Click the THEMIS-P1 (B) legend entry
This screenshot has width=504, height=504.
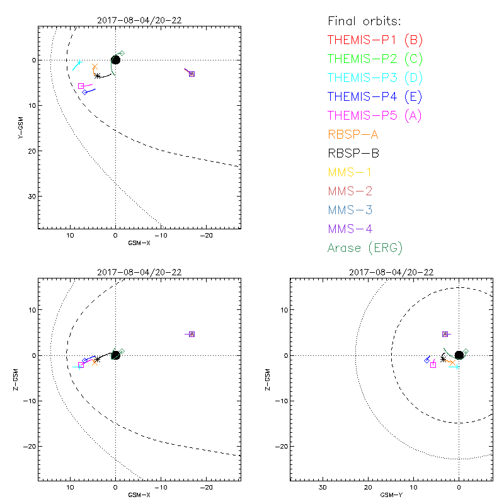(375, 40)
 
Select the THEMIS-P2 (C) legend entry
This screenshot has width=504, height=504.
(375, 59)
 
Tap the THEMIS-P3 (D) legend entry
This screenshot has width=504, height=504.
(375, 78)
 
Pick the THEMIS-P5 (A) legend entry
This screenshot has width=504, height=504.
(375, 115)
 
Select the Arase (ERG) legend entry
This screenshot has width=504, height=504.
(365, 248)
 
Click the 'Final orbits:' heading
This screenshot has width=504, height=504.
(368, 21)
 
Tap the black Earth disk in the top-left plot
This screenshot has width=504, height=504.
(115, 60)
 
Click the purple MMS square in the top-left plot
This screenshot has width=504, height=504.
(192, 74)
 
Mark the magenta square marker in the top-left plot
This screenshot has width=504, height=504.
(81, 86)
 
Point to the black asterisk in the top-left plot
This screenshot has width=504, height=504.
(97, 76)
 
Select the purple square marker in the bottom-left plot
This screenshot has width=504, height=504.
(192, 334)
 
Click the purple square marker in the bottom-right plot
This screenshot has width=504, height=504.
(445, 334)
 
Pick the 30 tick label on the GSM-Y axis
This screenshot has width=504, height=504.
(323, 488)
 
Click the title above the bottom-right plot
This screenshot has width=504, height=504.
(391, 272)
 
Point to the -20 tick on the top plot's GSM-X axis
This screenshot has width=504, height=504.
(205, 235)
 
